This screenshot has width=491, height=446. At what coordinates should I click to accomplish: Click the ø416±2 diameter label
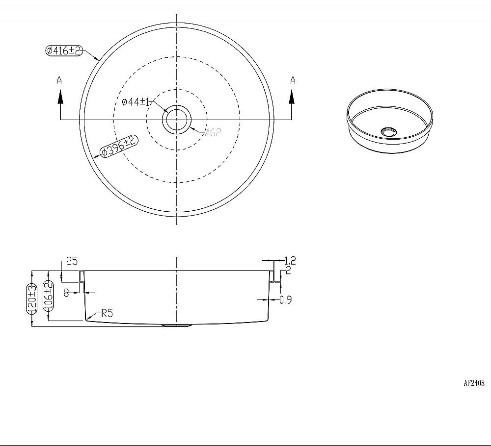click(x=64, y=50)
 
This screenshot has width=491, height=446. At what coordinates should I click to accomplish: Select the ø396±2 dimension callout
click(x=119, y=146)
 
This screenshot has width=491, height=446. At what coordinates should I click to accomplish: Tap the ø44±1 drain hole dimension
click(x=136, y=101)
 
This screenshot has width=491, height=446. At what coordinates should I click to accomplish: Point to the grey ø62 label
click(x=213, y=132)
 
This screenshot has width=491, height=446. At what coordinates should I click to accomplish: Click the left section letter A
click(x=59, y=80)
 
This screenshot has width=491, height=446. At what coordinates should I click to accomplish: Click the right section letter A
click(x=293, y=80)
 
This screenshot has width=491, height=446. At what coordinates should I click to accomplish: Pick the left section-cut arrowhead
click(x=60, y=97)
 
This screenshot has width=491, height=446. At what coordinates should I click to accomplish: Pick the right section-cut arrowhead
click(x=292, y=97)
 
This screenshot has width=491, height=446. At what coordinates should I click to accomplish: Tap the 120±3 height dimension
click(x=31, y=298)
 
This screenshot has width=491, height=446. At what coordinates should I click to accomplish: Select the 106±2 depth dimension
click(x=49, y=296)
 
